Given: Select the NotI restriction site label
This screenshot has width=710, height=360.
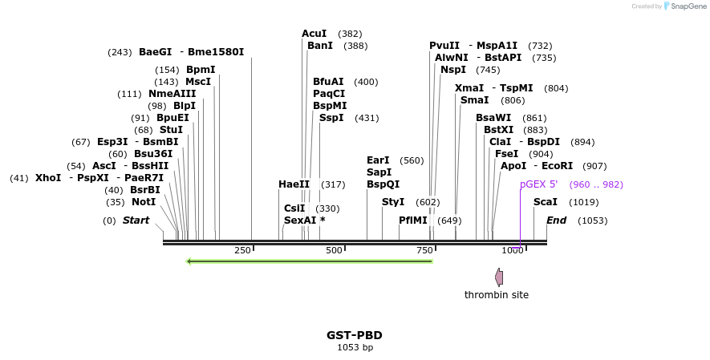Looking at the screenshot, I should click(x=144, y=202).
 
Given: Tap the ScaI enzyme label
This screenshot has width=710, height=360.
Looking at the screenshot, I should click(x=546, y=202).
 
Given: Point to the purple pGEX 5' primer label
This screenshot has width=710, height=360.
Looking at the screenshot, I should click(x=538, y=184).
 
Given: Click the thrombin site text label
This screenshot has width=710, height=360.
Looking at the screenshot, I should click(x=497, y=295).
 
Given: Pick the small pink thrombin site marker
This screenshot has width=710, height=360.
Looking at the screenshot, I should click(x=499, y=277).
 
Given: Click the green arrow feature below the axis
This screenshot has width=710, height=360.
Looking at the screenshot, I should click(x=309, y=261).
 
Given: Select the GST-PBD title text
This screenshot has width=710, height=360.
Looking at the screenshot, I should click(x=355, y=335).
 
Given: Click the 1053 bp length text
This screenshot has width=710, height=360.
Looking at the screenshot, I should click(x=355, y=347).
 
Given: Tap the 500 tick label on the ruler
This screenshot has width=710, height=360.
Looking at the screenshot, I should click(x=335, y=251).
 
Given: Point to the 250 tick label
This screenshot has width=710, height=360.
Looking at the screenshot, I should click(x=243, y=251).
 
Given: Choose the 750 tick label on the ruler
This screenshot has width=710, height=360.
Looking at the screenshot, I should click(x=425, y=251).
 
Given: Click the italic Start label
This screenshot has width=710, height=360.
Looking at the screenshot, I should click(x=136, y=220).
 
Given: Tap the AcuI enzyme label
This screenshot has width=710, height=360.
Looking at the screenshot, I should click(x=314, y=34).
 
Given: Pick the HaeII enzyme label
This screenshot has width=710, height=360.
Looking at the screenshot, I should click(x=294, y=184).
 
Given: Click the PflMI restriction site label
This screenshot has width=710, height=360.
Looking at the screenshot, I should click(x=413, y=220).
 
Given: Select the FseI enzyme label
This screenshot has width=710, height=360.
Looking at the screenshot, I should click(x=507, y=154).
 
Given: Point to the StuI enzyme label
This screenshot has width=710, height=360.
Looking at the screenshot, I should click(x=171, y=130).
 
